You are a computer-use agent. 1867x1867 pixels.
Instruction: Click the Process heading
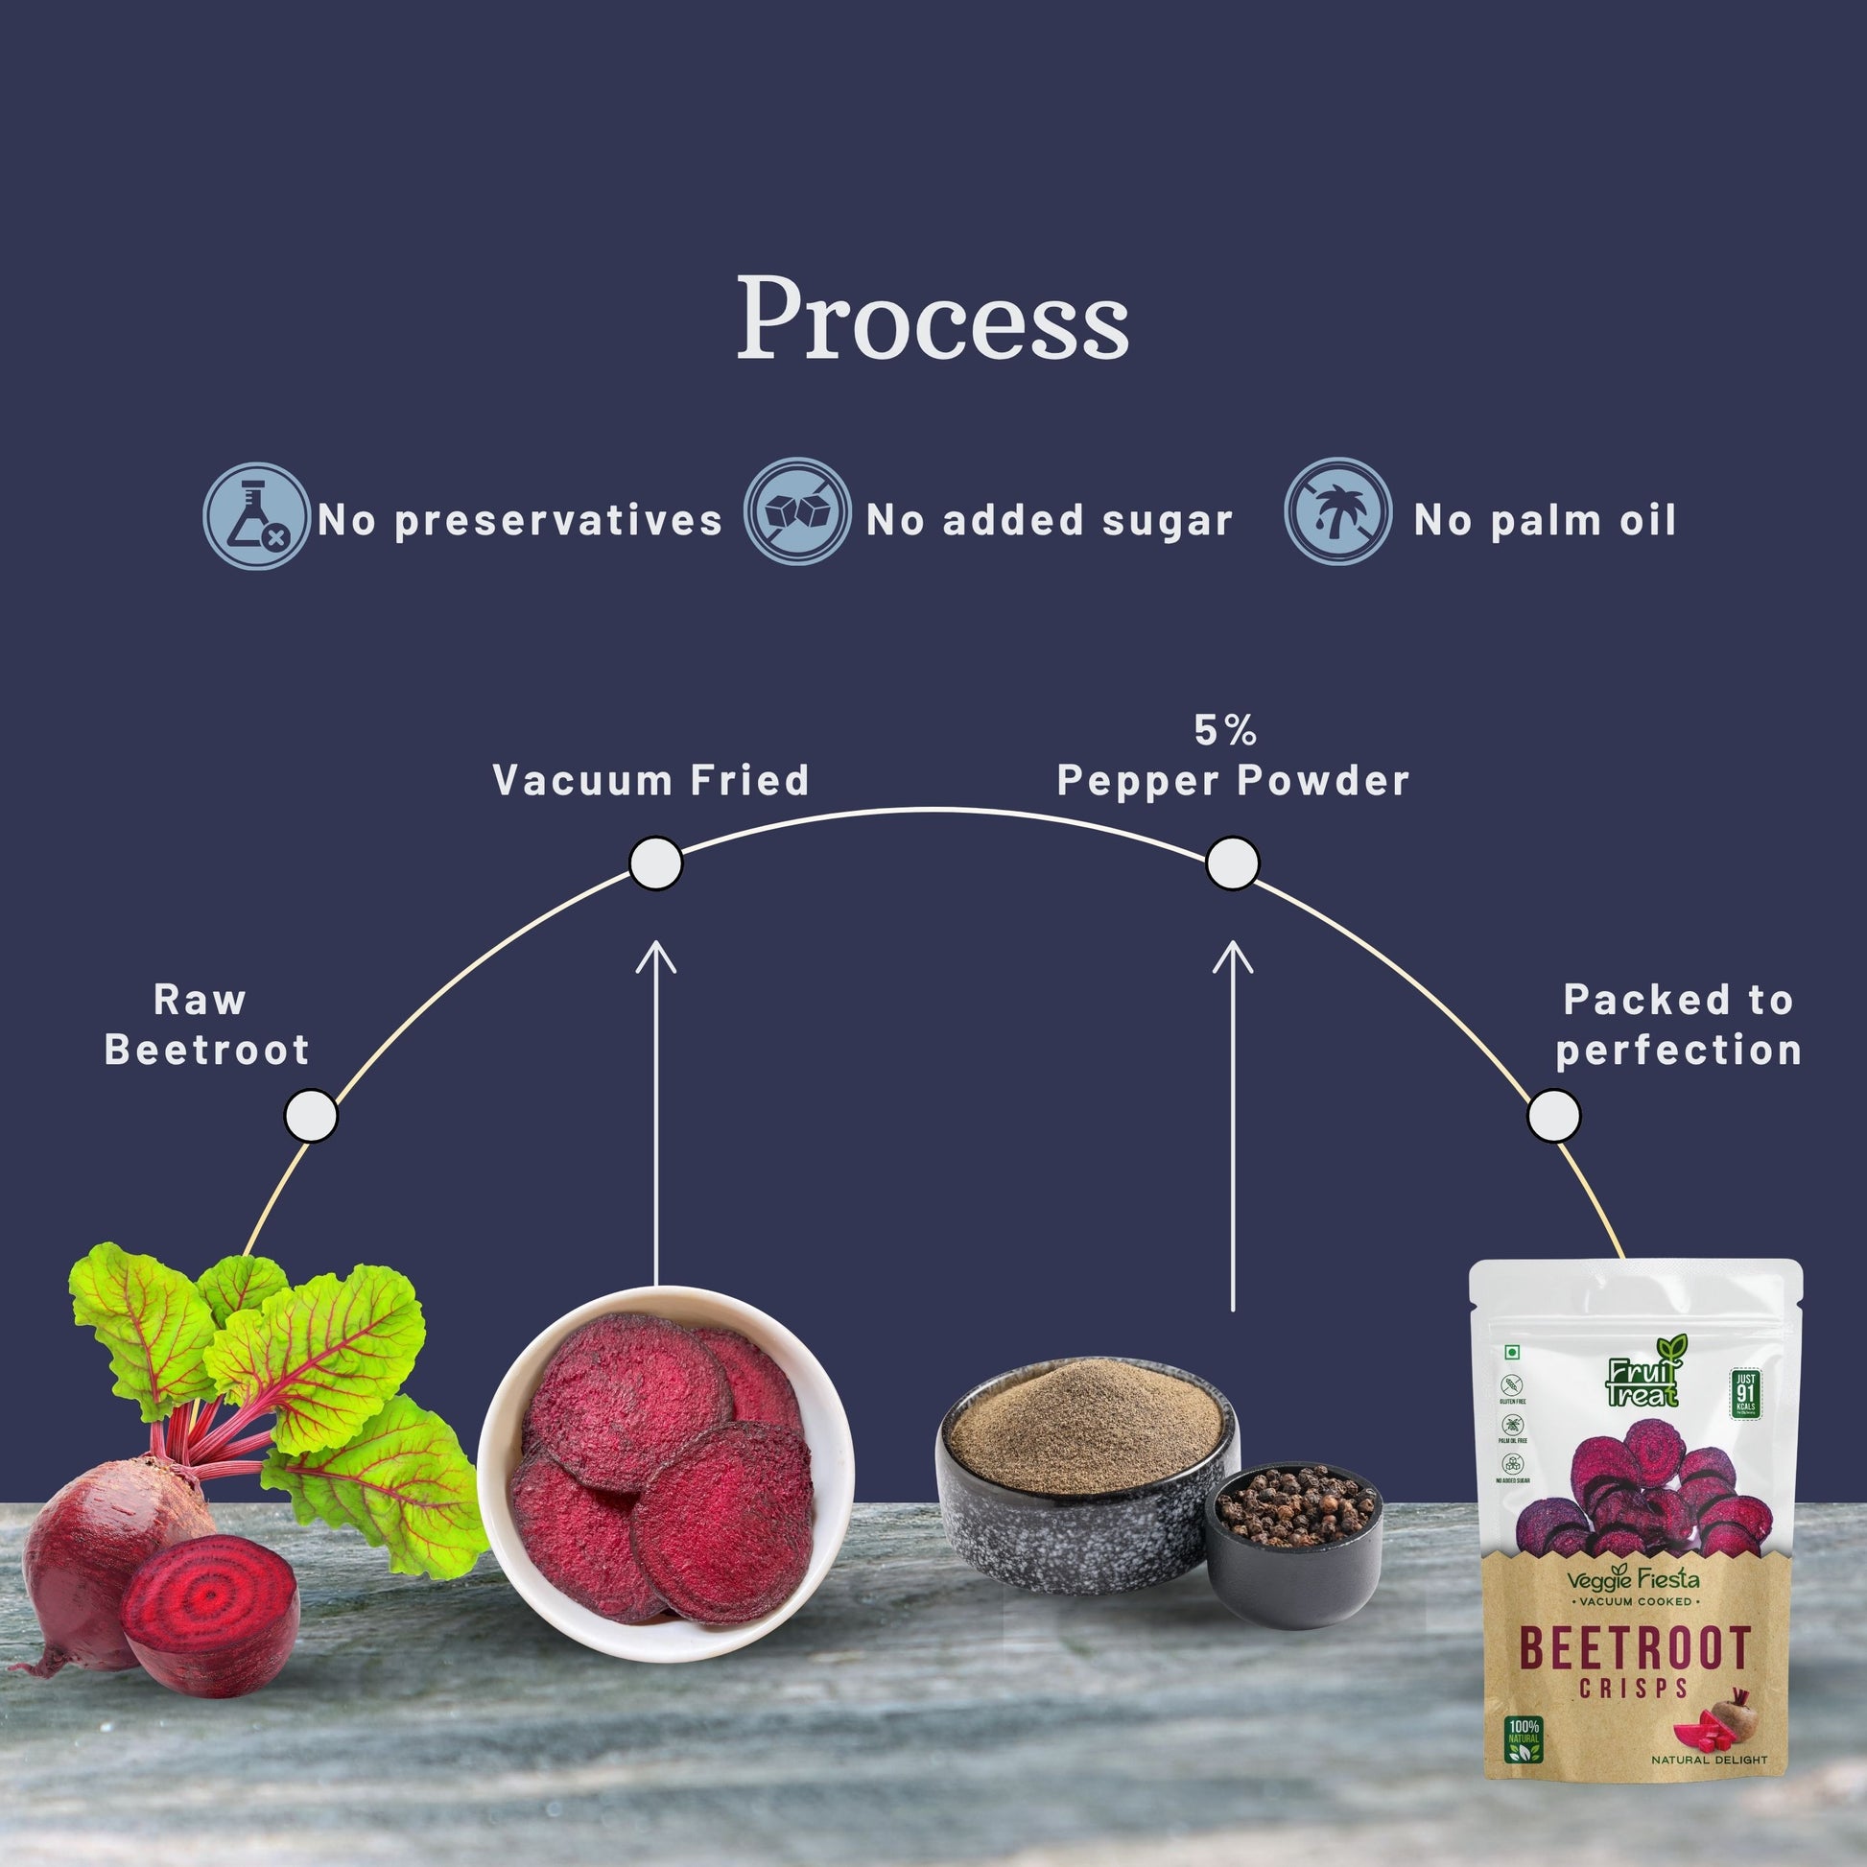[x=933, y=319]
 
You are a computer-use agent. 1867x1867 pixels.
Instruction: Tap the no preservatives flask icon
[x=256, y=516]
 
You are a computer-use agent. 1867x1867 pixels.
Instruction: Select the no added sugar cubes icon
[x=797, y=510]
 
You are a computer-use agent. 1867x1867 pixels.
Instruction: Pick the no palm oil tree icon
[x=1337, y=511]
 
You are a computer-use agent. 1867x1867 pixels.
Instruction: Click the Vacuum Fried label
[x=650, y=781]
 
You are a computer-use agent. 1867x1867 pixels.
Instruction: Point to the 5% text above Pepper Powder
[x=1225, y=730]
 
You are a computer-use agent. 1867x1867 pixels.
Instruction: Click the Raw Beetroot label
[x=206, y=1025]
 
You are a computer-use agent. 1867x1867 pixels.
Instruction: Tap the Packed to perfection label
[x=1679, y=1025]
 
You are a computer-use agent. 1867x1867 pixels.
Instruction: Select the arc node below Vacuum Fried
[x=655, y=863]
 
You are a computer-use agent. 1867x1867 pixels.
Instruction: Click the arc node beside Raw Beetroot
[x=310, y=1116]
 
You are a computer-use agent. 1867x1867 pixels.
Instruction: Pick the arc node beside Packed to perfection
[x=1554, y=1116]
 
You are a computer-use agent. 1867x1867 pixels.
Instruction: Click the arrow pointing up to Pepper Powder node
[x=1232, y=1121]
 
